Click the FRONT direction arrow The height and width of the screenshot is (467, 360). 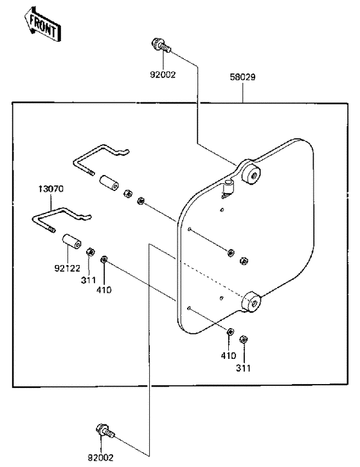pyautogui.click(x=42, y=24)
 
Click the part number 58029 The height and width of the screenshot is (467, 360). pyautogui.click(x=242, y=77)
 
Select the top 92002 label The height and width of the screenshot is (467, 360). pyautogui.click(x=163, y=75)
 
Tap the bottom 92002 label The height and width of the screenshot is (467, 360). pyautogui.click(x=101, y=457)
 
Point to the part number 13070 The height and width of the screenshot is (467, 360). pyautogui.click(x=51, y=189)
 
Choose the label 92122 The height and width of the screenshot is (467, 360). pyautogui.click(x=67, y=268)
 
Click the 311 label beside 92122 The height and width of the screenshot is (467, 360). pyautogui.click(x=89, y=280)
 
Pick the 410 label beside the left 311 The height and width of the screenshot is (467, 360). pyautogui.click(x=104, y=290)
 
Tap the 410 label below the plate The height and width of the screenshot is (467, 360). pyautogui.click(x=228, y=356)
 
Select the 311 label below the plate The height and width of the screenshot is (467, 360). pyautogui.click(x=243, y=368)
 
